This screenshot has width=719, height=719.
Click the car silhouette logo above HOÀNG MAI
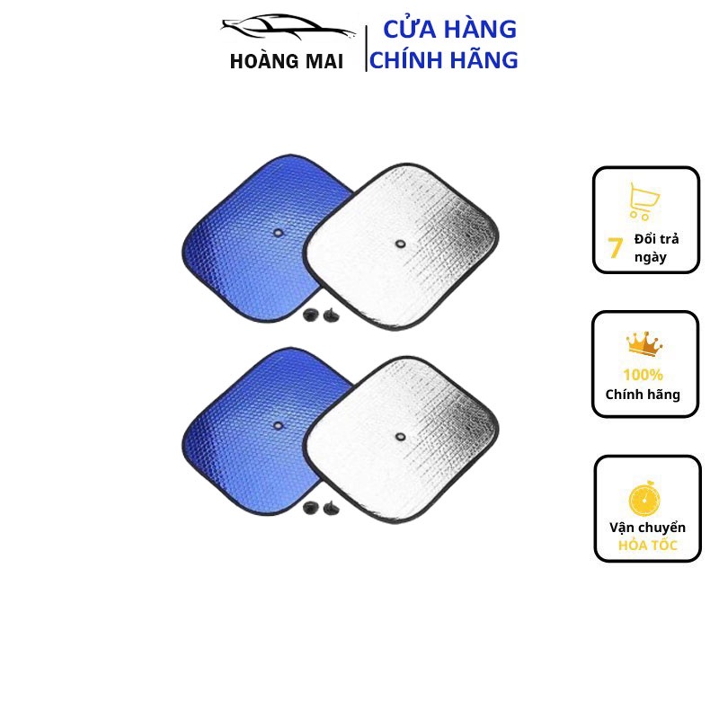click(x=288, y=28)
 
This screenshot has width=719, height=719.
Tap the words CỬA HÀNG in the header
click(x=449, y=29)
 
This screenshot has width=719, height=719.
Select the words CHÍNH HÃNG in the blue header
click(x=444, y=60)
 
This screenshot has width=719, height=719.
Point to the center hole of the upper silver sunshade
click(x=399, y=242)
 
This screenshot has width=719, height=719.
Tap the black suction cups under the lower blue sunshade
click(x=320, y=507)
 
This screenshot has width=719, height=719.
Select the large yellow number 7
click(x=615, y=248)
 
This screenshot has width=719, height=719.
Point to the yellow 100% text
click(x=644, y=374)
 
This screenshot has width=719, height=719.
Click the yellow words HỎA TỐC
click(x=648, y=546)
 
